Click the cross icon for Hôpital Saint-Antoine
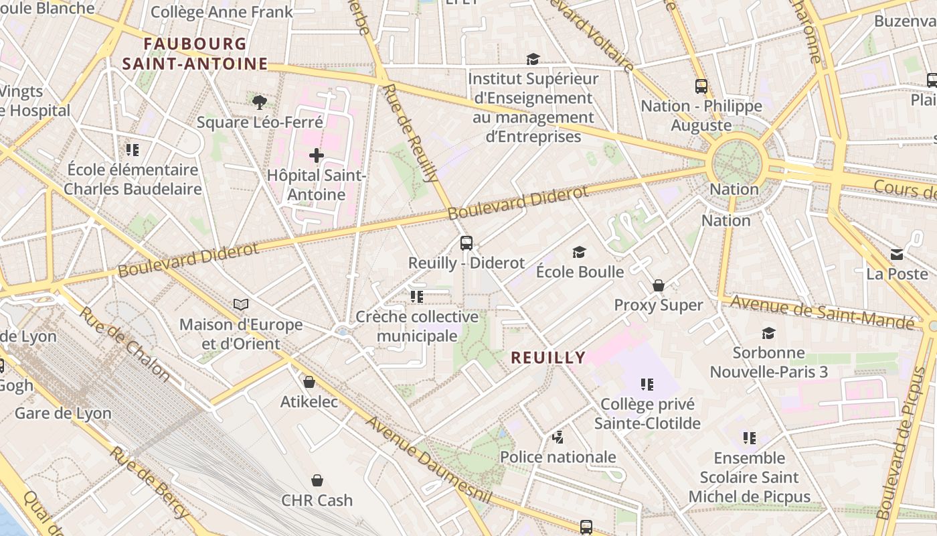coord(316,155)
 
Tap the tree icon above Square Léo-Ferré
coord(260,102)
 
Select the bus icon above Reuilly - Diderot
coord(466,243)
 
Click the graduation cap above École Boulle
coord(579,252)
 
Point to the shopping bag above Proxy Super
coord(659,285)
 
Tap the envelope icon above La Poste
coord(897,255)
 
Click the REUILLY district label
coord(548,358)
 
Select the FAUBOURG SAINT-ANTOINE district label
coord(195,54)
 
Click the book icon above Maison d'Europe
coord(241,305)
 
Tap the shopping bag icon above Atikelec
coord(309,382)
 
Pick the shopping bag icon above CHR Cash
coord(317,480)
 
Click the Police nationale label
coord(558,457)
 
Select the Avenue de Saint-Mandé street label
coord(822,312)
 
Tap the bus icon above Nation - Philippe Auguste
coord(701,86)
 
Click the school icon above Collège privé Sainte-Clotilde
coord(647,385)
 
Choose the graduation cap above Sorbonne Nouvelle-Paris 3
coord(768,333)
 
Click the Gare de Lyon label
coord(63,413)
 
